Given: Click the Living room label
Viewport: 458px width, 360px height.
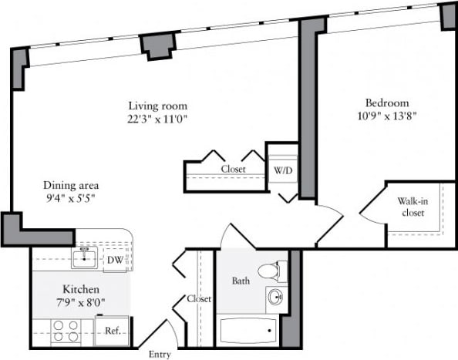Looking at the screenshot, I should click(x=157, y=106).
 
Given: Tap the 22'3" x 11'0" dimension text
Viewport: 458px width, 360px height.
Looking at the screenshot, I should click(x=157, y=119).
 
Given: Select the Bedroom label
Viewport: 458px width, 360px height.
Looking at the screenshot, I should click(x=387, y=103).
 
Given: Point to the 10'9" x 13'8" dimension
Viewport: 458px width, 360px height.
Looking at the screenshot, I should click(x=387, y=116).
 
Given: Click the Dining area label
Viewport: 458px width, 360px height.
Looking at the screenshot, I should click(x=70, y=186).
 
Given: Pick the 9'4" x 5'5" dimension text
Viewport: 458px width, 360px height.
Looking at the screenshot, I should click(x=70, y=199).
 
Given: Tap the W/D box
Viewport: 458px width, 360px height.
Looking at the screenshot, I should click(x=282, y=170).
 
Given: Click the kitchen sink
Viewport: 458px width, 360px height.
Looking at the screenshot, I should click(x=85, y=259).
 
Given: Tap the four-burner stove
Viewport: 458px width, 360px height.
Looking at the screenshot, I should click(x=67, y=331).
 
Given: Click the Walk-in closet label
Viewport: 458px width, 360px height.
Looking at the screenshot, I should click(x=413, y=207).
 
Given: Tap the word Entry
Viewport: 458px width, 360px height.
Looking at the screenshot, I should click(x=160, y=354).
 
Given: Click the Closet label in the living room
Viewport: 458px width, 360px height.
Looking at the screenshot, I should click(x=233, y=169).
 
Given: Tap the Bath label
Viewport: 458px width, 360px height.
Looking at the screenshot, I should click(x=241, y=281).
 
